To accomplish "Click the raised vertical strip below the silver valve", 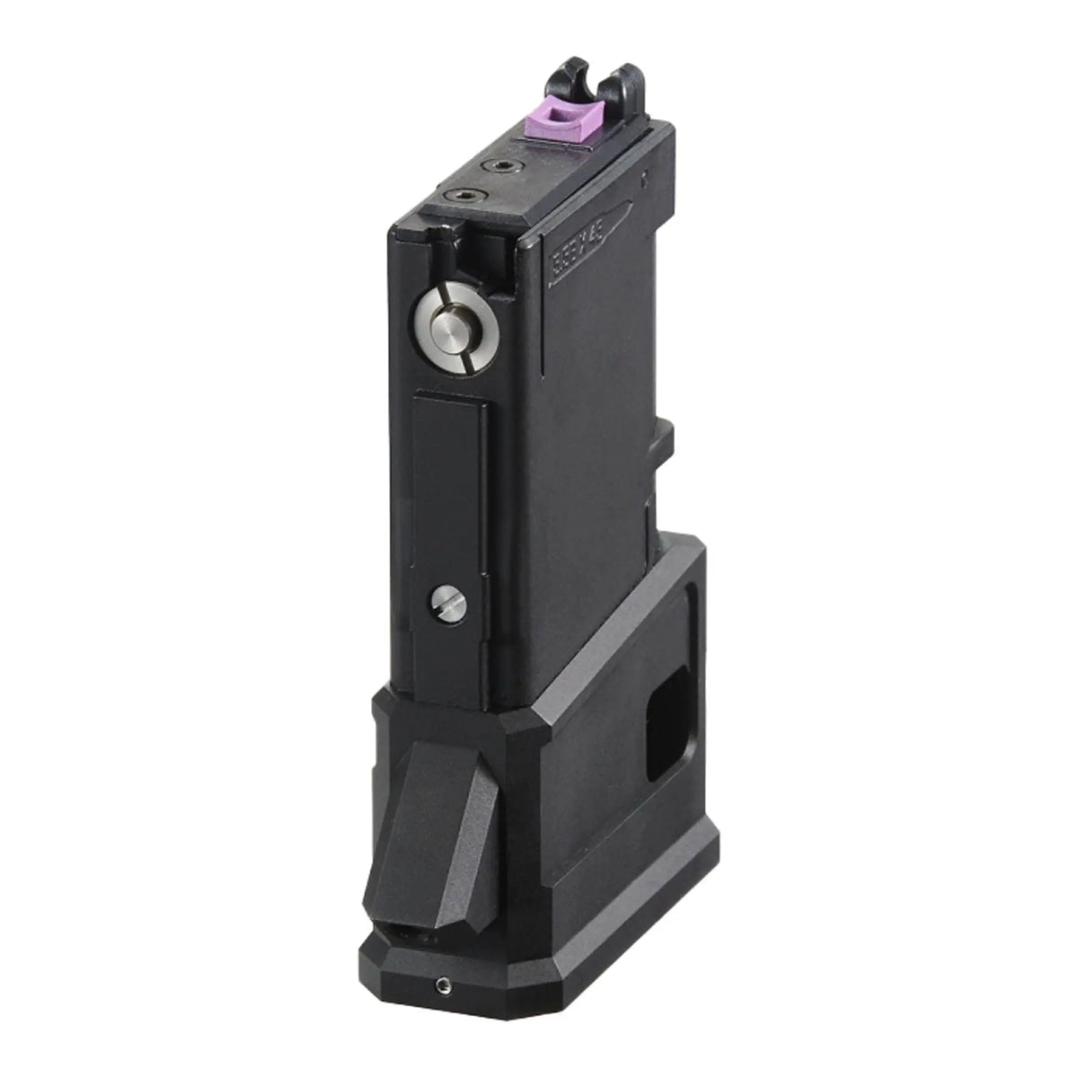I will (x=447, y=503).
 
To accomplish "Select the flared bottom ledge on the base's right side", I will (x=629, y=898).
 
